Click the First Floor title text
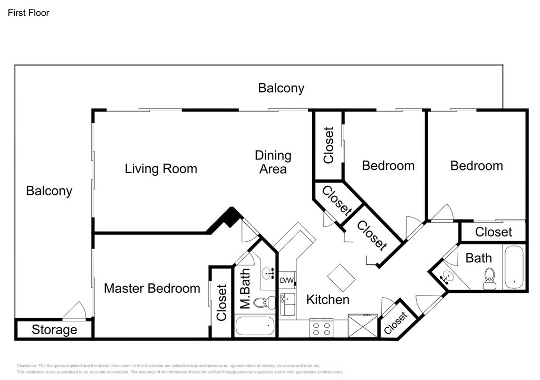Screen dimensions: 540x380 pyautogui.click(x=28, y=13)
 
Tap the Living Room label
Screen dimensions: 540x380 pyautogui.click(x=161, y=168)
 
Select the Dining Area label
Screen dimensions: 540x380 pyautogui.click(x=273, y=162)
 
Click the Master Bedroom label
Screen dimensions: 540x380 pyautogui.click(x=152, y=288)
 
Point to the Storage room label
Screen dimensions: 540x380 pyautogui.click(x=54, y=330)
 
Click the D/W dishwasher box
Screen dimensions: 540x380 pyautogui.click(x=286, y=280)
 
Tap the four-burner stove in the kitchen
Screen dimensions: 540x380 pyautogui.click(x=321, y=328)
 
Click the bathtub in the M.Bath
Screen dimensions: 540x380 pyautogui.click(x=255, y=326)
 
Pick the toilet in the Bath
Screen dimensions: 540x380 pyautogui.click(x=489, y=279)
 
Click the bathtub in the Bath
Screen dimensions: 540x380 pyautogui.click(x=514, y=267)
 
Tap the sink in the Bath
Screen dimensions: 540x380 pyautogui.click(x=447, y=277)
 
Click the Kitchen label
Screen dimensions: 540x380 pyautogui.click(x=328, y=300)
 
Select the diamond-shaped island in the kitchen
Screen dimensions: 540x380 pyautogui.click(x=341, y=278)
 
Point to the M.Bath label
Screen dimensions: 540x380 pyautogui.click(x=245, y=288)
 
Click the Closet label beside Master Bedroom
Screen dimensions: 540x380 pyautogui.click(x=221, y=302)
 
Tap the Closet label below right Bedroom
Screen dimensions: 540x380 pyautogui.click(x=494, y=232)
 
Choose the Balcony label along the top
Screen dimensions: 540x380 pyautogui.click(x=281, y=88)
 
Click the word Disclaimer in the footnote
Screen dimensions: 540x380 pyautogui.click(x=27, y=366)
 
